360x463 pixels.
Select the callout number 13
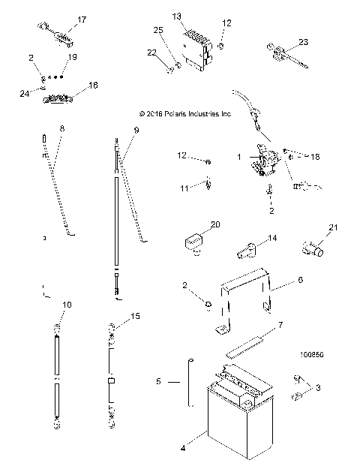177,16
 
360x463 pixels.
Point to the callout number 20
215,224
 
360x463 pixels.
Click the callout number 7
280,325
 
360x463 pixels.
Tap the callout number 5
158,382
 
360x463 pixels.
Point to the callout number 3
318,388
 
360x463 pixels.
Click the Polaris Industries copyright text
185,114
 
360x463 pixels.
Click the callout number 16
94,86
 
